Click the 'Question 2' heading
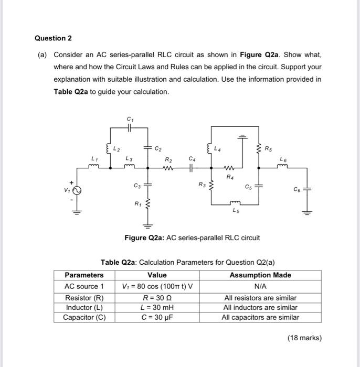(53, 38)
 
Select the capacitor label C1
(130, 119)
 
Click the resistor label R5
(268, 148)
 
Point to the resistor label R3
(202, 184)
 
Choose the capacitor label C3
(137, 186)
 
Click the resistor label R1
(137, 203)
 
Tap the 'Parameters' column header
(84, 275)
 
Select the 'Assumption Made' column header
(260, 275)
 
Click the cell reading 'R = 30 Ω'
(157, 297)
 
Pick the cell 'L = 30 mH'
(157, 307)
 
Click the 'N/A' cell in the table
(260, 286)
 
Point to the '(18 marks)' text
(304, 338)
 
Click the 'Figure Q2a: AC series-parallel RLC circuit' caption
(192, 238)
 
